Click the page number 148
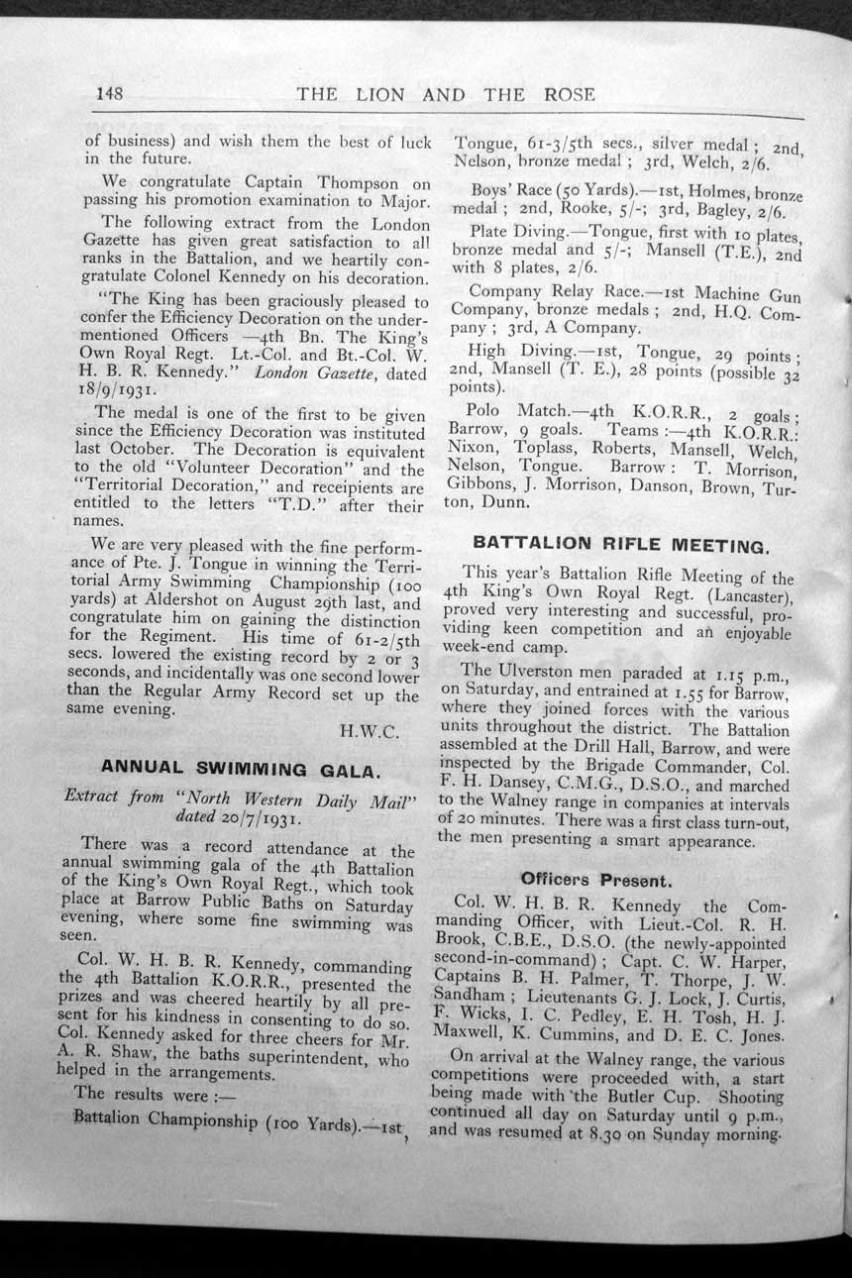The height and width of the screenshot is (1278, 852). pos(109,93)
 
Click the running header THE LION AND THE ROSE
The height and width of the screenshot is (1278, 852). pos(446,94)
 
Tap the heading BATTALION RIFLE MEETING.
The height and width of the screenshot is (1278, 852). pos(620,544)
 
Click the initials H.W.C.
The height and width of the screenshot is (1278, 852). pos(370,733)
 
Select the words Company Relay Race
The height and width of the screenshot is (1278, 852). pos(555,292)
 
